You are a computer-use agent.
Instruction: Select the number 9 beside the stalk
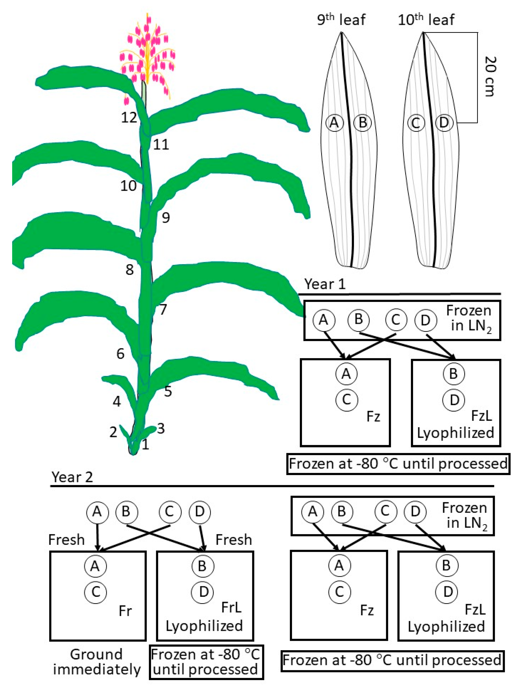pyautogui.click(x=166, y=217)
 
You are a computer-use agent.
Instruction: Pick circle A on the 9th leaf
pyautogui.click(x=334, y=123)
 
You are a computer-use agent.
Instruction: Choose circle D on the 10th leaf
pyautogui.click(x=444, y=123)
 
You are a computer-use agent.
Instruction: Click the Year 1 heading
pyautogui.click(x=325, y=284)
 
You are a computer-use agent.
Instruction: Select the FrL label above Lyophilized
pyautogui.click(x=231, y=607)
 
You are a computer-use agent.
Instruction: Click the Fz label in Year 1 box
pyautogui.click(x=373, y=416)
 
